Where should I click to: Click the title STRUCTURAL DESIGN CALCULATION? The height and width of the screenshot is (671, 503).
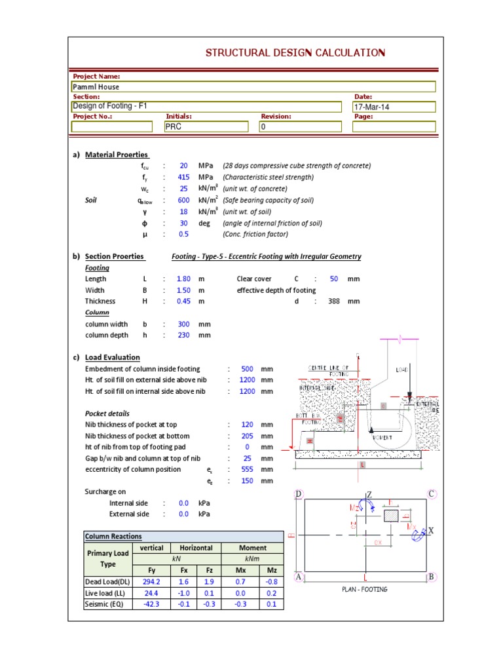click(x=295, y=53)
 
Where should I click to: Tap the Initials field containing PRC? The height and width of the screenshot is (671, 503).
click(x=206, y=127)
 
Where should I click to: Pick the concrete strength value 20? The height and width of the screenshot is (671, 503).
click(x=183, y=166)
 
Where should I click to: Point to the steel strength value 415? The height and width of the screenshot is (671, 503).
click(x=183, y=177)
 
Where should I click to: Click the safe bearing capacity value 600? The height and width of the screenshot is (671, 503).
click(x=183, y=200)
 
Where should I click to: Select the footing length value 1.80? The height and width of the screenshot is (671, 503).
click(x=183, y=278)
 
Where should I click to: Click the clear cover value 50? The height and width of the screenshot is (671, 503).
click(x=334, y=278)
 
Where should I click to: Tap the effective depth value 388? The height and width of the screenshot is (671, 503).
click(x=334, y=301)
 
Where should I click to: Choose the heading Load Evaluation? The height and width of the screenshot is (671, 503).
click(x=113, y=357)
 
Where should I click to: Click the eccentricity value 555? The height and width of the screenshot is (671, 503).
click(x=248, y=469)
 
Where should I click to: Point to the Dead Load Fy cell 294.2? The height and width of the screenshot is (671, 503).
click(x=151, y=581)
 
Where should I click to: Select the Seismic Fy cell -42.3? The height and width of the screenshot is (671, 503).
click(x=151, y=604)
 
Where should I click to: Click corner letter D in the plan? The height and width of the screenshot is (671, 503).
click(x=299, y=493)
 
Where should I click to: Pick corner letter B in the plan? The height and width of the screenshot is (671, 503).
click(x=431, y=577)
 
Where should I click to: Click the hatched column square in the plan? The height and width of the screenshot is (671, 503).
click(x=391, y=516)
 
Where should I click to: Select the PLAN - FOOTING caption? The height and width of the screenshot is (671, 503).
click(x=365, y=589)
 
